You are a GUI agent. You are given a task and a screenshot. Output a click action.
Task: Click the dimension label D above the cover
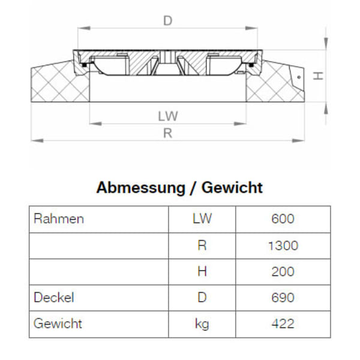click(167, 21)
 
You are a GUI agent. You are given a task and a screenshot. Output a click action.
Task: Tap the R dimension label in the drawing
click(167, 133)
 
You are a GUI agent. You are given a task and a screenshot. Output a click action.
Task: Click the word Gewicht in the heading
click(232, 188)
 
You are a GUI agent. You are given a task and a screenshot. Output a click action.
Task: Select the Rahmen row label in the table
click(59, 219)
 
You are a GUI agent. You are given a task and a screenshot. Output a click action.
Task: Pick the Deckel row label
click(54, 298)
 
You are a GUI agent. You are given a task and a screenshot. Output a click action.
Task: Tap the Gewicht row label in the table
click(58, 324)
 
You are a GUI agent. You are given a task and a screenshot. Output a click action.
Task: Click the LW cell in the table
click(202, 219)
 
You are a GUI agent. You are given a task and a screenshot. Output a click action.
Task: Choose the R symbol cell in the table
click(202, 245)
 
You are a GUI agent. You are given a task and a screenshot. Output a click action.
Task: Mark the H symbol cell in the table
click(202, 272)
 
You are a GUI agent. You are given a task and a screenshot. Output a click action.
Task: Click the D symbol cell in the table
click(202, 298)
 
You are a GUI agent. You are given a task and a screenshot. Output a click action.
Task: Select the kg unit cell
click(202, 324)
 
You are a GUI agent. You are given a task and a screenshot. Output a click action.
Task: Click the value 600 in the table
click(283, 219)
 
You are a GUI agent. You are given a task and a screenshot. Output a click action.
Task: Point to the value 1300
click(283, 245)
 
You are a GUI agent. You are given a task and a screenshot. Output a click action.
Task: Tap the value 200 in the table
click(283, 272)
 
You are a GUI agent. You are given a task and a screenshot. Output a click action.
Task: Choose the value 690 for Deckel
click(283, 298)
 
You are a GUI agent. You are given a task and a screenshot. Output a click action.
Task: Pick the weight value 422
click(283, 324)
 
